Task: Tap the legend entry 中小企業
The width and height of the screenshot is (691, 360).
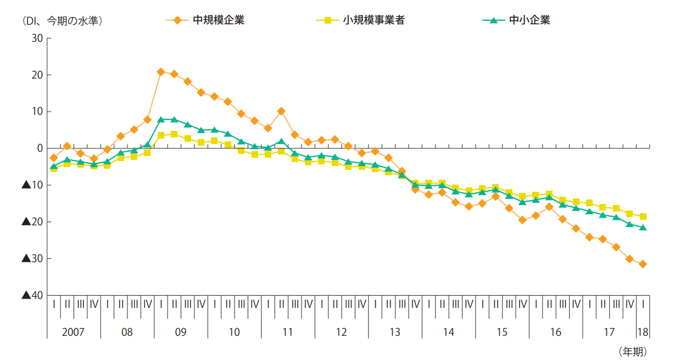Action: tap(529, 21)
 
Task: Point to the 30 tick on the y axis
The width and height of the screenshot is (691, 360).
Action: tap(37, 38)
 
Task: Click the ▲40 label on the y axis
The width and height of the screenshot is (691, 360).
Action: tap(32, 295)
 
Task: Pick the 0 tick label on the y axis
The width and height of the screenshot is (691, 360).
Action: tap(40, 148)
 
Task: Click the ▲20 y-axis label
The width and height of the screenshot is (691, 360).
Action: tap(32, 222)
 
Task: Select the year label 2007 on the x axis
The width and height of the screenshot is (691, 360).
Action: tap(74, 333)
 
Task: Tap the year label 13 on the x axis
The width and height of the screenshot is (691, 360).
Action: tap(395, 333)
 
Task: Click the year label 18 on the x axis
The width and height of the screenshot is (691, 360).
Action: tap(643, 333)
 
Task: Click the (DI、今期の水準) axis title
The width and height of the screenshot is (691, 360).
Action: tap(62, 21)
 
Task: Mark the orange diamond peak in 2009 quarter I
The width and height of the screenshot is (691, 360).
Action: tap(161, 72)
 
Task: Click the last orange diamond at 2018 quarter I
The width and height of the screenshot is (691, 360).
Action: tap(643, 264)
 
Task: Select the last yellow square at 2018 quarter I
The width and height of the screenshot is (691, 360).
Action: tap(643, 217)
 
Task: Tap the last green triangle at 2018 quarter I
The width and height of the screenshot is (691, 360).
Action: tap(643, 228)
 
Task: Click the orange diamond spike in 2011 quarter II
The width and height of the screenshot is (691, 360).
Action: tap(281, 111)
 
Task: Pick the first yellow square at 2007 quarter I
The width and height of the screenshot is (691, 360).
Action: tap(53, 169)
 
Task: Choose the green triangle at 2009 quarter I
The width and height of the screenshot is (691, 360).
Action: tap(161, 119)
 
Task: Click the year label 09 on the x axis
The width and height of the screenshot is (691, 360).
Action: tap(181, 333)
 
